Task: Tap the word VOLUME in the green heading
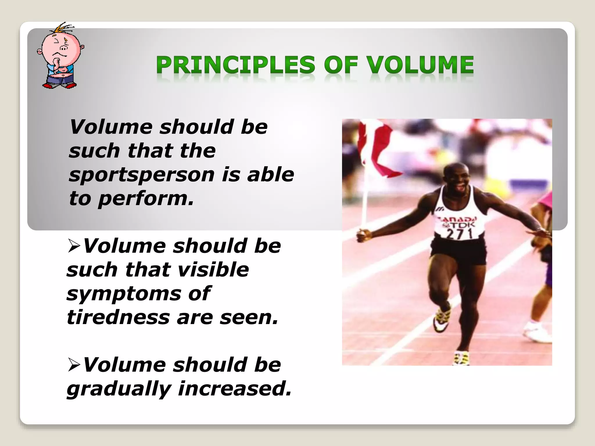tap(420, 65)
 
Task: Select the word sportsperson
tap(142, 175)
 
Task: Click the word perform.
tap(145, 199)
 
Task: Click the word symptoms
tap(123, 294)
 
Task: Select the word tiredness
tap(118, 317)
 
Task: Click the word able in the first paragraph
tap(270, 175)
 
